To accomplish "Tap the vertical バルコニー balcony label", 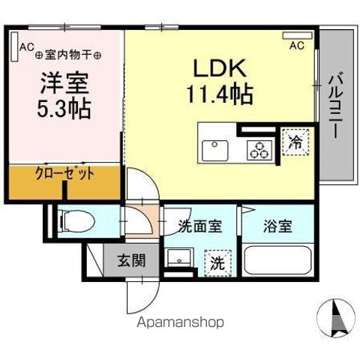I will point(335,104).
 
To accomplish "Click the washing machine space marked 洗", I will point(217,263).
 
